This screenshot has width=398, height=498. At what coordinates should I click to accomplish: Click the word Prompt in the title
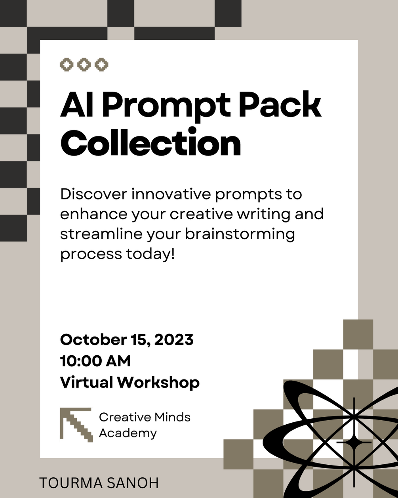point(166,105)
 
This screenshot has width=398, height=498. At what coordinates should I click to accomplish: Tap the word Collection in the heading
point(150,143)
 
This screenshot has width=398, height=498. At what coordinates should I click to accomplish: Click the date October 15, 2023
point(127,340)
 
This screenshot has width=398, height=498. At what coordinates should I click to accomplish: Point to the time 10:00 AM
point(95,361)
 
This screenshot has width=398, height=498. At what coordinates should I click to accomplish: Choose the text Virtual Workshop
point(129,383)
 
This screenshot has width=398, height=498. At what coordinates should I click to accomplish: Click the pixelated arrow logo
point(76,425)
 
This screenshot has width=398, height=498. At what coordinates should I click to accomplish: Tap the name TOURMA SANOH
point(99,483)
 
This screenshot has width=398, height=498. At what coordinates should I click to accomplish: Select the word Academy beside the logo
point(128,433)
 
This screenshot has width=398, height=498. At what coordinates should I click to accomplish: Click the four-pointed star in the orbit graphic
point(354,442)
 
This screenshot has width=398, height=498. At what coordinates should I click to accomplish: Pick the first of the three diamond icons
point(67,64)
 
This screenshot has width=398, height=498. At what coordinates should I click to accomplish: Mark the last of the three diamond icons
point(102,64)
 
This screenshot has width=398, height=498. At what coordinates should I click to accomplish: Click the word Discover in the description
point(93,194)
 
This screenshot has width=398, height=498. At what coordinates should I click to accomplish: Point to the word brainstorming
point(240,234)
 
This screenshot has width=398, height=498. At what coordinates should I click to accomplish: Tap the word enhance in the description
point(94,214)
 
